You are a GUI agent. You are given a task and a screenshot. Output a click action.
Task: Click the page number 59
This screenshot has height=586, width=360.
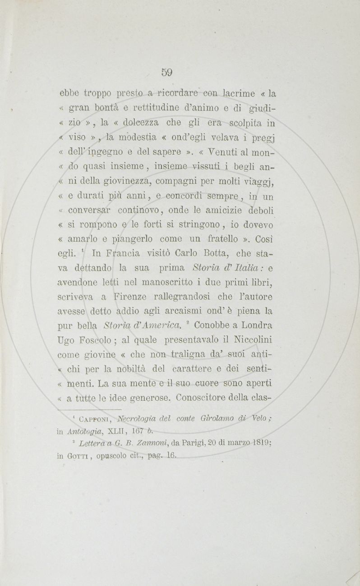167,72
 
